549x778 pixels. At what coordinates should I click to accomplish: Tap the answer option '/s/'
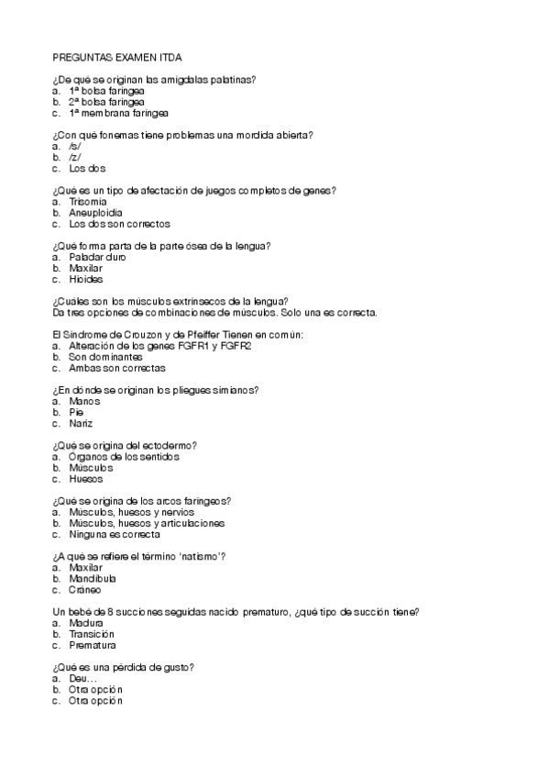tap(75, 146)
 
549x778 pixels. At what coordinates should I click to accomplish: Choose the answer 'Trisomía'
tap(88, 201)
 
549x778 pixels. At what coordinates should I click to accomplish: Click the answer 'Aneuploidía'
tap(96, 212)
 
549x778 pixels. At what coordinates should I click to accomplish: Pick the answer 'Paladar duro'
tap(97, 257)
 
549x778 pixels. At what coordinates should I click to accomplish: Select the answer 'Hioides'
tap(85, 279)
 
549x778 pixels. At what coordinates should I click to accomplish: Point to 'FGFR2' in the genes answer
tap(235, 346)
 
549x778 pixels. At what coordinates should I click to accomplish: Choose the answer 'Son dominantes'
tap(104, 357)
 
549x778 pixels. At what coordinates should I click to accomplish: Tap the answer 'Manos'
tap(84, 401)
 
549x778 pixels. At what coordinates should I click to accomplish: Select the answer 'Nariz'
tap(81, 423)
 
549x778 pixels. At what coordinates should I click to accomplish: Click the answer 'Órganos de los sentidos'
tap(124, 456)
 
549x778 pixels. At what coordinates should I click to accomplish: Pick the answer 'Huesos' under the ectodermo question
tap(85, 478)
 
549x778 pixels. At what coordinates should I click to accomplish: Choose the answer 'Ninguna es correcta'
tap(114, 534)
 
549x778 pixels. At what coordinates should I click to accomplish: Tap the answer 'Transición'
tap(92, 633)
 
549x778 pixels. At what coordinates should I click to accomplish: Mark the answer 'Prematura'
tap(93, 644)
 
